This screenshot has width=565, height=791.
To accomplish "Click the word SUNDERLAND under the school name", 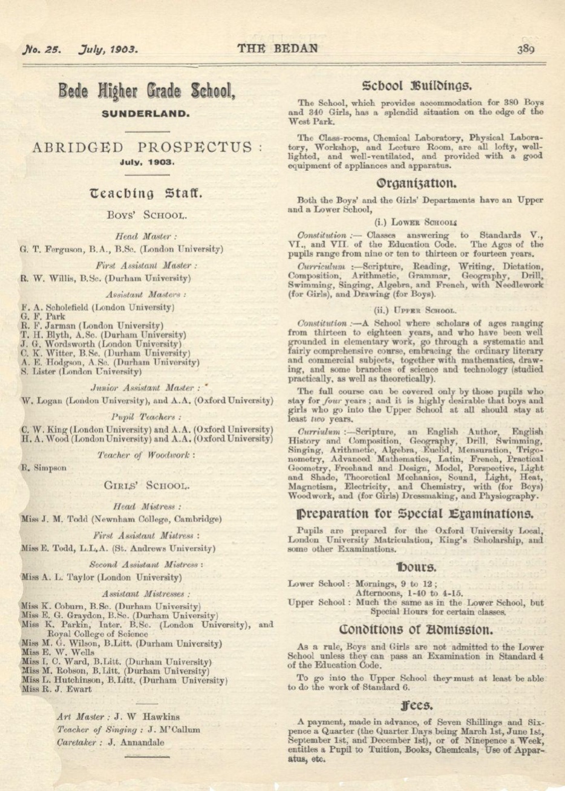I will [x=145, y=113].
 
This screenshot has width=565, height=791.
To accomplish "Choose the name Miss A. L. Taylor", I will [x=54, y=577].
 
